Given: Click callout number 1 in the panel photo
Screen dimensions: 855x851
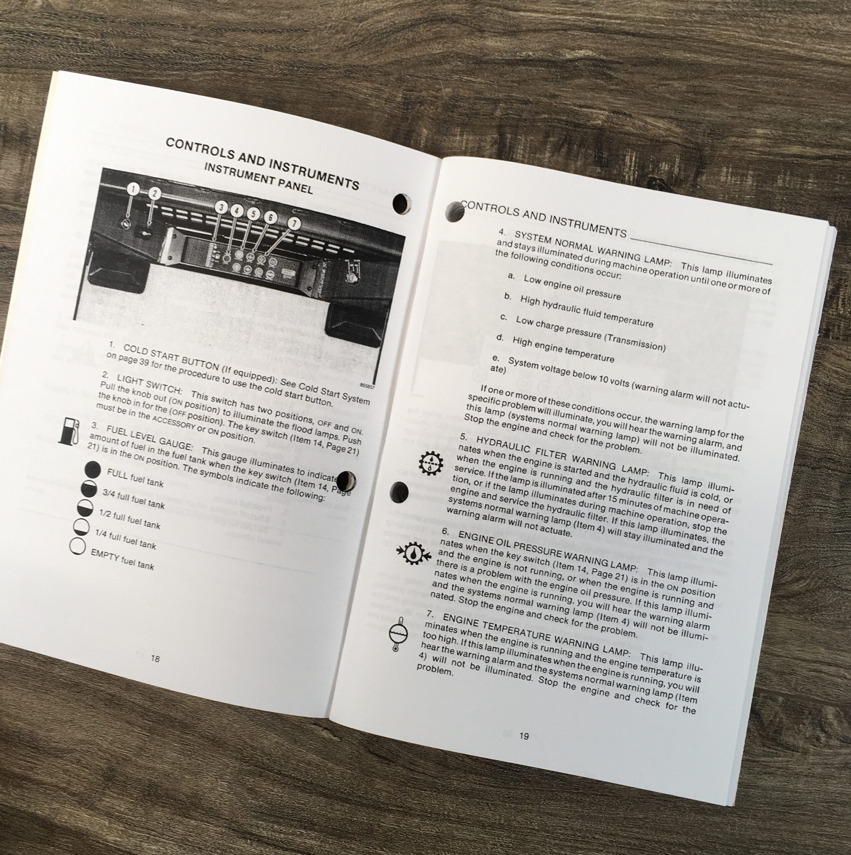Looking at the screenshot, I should pyautogui.click(x=133, y=189).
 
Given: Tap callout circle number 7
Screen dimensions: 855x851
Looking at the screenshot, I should pyautogui.click(x=294, y=223).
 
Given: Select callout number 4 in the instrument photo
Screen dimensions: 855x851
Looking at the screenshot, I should pyautogui.click(x=237, y=211).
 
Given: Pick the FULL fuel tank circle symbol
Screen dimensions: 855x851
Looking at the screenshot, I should pyautogui.click(x=93, y=469).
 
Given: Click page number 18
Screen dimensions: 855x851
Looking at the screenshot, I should pyautogui.click(x=155, y=659).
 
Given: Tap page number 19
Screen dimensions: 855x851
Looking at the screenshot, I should pyautogui.click(x=524, y=736).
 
